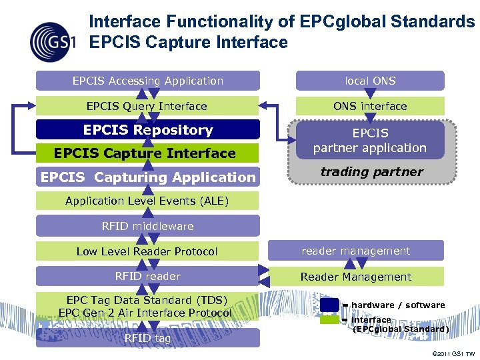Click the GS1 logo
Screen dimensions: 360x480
52,40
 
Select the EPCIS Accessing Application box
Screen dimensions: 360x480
147,81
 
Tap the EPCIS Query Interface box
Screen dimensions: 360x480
147,106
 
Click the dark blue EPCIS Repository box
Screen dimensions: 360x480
147,130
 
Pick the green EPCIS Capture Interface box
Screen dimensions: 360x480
145,153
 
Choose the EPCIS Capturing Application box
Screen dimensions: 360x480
147,177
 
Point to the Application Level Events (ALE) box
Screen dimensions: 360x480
147,201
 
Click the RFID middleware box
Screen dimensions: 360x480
147,226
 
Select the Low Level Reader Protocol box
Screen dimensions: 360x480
147,251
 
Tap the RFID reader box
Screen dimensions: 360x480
147,276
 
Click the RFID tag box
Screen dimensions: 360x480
147,338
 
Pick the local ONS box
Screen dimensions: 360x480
370,81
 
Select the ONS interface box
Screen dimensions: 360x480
370,106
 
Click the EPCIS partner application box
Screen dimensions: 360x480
370,140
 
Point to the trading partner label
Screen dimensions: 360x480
371,171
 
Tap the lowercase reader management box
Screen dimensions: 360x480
355,251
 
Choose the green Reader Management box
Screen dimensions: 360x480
355,277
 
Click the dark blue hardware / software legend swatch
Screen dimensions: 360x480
329,305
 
